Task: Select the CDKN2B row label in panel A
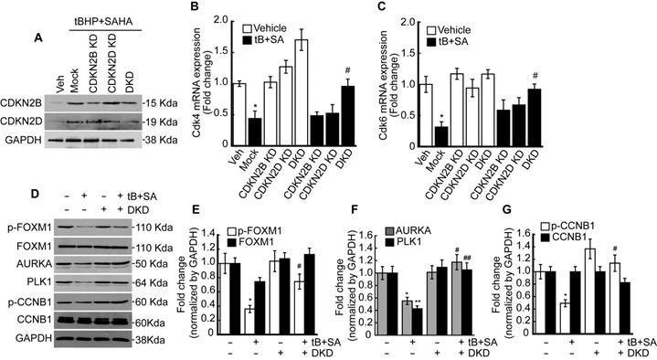click(x=30, y=101)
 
